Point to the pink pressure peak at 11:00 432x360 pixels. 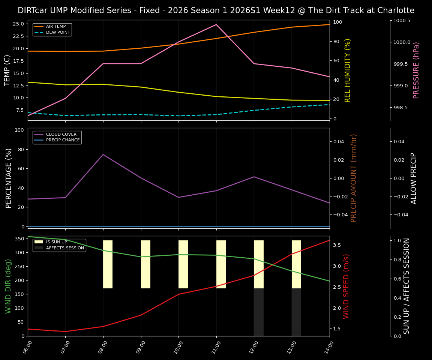tap(216, 25)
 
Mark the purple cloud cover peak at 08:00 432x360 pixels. tap(103, 154)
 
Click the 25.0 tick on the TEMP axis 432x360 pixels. tap(18, 24)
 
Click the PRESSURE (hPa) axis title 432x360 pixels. tap(416, 70)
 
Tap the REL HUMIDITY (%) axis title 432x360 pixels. tap(348, 70)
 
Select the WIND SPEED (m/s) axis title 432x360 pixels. tap(346, 286)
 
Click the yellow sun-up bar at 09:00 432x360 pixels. tap(145, 264)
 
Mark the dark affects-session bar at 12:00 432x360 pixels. tap(259, 312)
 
